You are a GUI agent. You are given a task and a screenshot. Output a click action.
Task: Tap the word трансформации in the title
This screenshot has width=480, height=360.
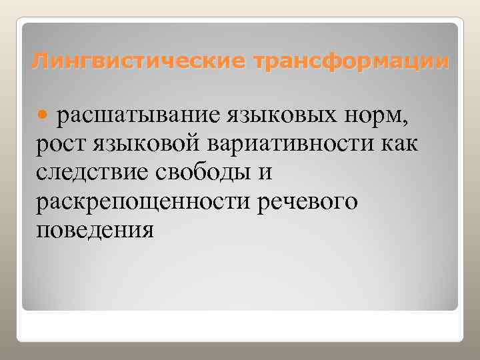tap(349, 63)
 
